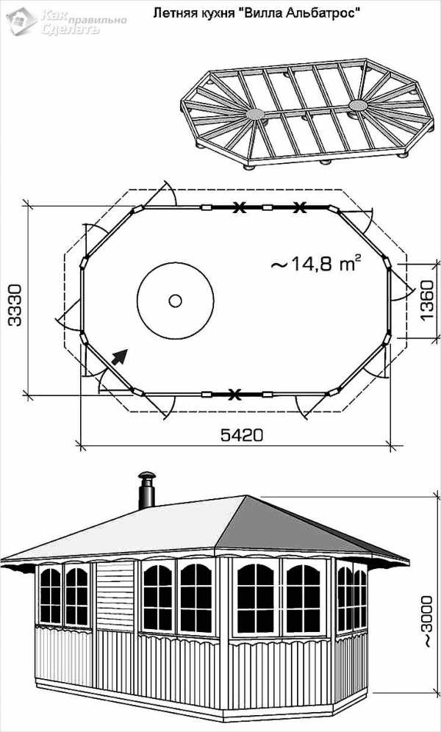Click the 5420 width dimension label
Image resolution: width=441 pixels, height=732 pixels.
coord(241,435)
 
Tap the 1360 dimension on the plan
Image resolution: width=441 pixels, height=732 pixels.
coord(427,301)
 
